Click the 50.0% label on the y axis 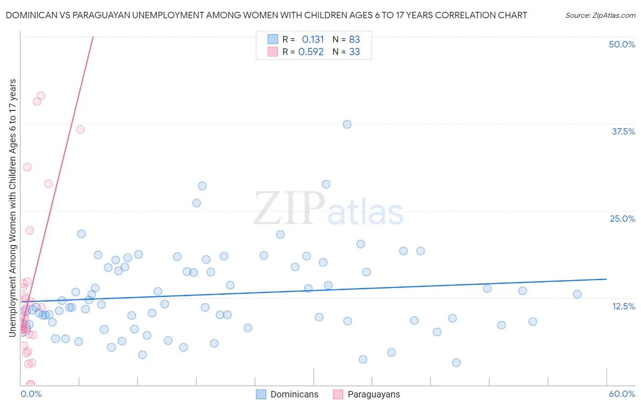[x=622, y=44]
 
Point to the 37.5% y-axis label [x=623, y=131]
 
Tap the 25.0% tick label [x=622, y=219]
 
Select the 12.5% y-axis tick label [x=623, y=306]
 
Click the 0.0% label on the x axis [x=31, y=394]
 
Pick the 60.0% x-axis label [x=622, y=394]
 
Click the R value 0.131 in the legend [x=313, y=40]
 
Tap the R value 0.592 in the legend [x=311, y=52]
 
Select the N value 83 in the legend [x=354, y=40]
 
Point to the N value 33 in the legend [x=354, y=52]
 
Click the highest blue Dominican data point [x=347, y=124]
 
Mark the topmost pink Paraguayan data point [x=41, y=96]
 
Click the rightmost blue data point [x=577, y=294]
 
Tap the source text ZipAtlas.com [x=600, y=16]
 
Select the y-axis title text [x=13, y=208]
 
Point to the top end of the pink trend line [x=93, y=37]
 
